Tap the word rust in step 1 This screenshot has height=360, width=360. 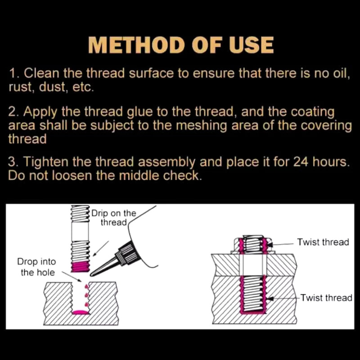coord(20,87)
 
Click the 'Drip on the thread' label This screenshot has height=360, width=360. coord(113,217)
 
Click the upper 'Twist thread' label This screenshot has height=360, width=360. coord(323,242)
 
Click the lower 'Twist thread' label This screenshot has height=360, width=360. coord(326,297)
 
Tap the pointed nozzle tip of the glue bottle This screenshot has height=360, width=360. coord(92,273)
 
